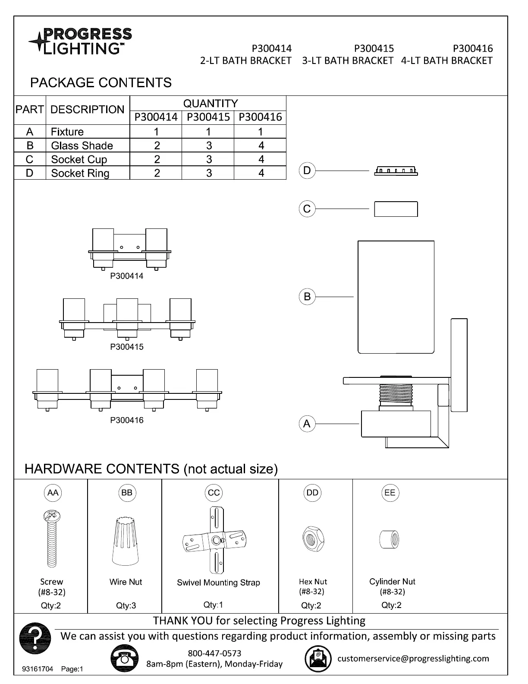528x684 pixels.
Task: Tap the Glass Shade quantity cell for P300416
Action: pos(261,146)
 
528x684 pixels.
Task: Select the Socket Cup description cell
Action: pos(88,159)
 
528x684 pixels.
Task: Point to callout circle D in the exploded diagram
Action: pos(307,171)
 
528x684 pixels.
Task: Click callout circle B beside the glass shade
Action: pos(307,297)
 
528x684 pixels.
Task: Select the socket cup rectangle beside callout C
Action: pos(396,209)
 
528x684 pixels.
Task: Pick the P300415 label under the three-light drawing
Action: pos(127,347)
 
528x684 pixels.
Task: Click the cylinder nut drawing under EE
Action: pos(390,539)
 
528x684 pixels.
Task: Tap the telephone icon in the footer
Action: pos(125,659)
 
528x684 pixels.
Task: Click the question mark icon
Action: pos(35,638)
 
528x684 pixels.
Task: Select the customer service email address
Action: pos(413,659)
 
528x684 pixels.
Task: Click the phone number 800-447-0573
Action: pos(214,653)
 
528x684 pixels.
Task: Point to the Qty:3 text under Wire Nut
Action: pos(126,605)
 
